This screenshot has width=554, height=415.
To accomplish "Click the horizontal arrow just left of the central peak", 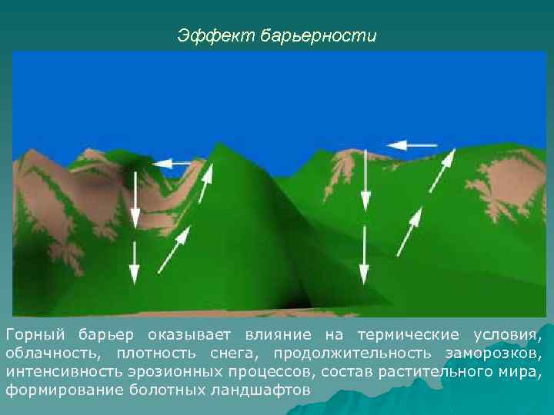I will coord(173,163).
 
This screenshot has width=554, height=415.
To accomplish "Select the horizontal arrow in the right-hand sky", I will coord(412,144).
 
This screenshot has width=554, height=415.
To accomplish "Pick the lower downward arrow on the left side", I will coord(134,262).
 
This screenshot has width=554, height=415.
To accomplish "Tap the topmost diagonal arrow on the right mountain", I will coord(440,171).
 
